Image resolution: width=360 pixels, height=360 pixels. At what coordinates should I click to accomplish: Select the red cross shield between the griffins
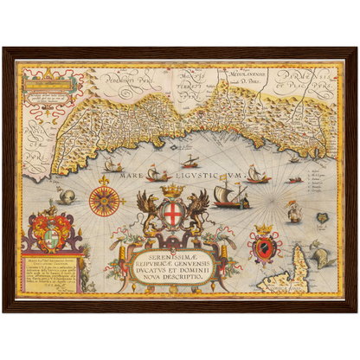[x=173, y=213]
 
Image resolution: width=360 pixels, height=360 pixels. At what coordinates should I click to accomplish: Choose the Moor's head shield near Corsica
[x=263, y=246]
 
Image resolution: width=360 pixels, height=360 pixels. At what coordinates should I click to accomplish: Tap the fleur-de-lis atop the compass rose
[x=106, y=180]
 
